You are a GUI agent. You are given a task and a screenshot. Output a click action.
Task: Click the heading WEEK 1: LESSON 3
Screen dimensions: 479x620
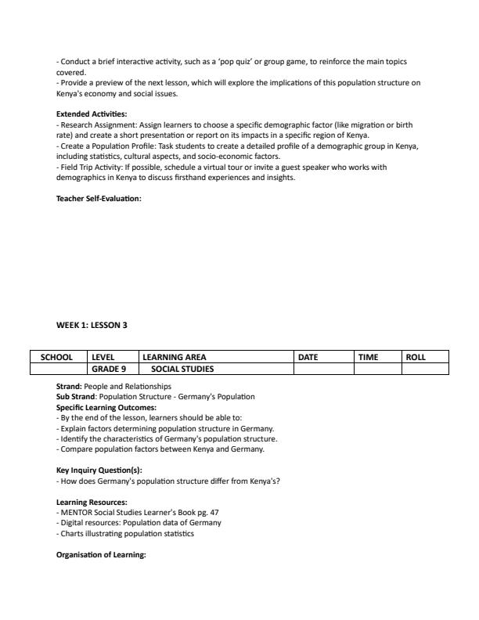[x=92, y=325]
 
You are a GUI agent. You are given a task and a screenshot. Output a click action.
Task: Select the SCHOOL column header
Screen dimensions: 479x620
[x=57, y=357]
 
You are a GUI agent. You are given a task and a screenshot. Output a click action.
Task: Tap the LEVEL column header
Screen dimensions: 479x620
[x=104, y=357]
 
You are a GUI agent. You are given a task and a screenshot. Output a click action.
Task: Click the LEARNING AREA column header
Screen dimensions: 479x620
[x=175, y=357]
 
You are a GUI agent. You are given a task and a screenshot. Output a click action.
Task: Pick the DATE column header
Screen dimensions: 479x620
[x=309, y=357]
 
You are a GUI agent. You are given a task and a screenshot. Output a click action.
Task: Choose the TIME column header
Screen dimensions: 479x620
[x=369, y=357]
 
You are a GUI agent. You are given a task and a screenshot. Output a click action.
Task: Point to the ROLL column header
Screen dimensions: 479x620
[x=416, y=357]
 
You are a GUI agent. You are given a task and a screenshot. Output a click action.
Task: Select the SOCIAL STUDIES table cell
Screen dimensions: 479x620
[x=182, y=369]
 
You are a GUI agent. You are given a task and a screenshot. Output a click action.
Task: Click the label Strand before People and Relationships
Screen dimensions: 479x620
[x=69, y=387]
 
